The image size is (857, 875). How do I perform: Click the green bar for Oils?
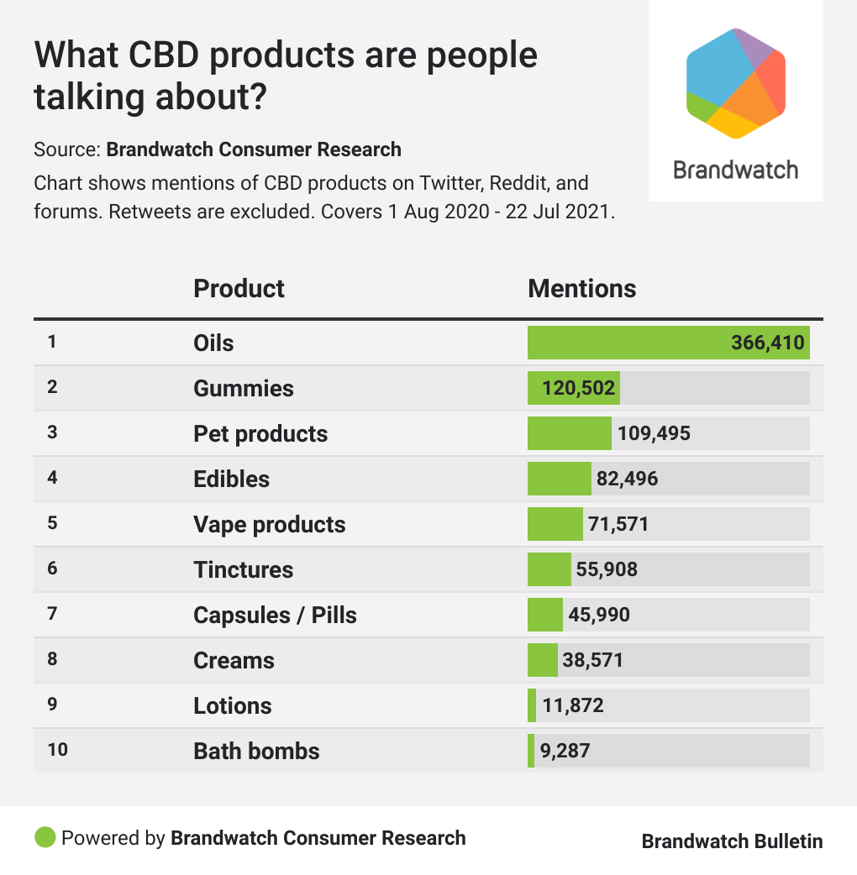coord(668,343)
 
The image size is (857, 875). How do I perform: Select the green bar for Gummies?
coord(574,388)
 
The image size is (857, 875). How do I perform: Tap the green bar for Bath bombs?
coord(531,751)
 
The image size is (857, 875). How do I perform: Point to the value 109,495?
coord(654,433)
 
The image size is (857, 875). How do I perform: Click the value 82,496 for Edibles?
coord(628,479)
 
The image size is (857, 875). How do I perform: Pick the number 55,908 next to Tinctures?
coord(607,569)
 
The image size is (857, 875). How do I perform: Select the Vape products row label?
coord(269,524)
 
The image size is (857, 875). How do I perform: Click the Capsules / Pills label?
coord(275,615)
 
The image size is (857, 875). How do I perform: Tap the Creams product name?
coord(234,660)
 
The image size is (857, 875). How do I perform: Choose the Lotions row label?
coord(232,705)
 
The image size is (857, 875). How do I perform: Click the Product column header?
coord(239,289)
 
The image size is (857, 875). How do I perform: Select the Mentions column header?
coord(581,289)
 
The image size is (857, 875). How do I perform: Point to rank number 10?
coord(57,750)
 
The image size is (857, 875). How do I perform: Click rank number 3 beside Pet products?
coord(52,432)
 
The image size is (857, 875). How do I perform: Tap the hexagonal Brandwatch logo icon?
coord(735,82)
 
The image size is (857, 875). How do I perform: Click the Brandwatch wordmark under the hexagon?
coord(735,170)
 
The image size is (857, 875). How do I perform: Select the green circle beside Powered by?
coord(45,837)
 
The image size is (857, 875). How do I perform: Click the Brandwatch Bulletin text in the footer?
coord(732,841)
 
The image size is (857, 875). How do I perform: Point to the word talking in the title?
coord(87,97)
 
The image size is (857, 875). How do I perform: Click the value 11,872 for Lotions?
coord(573,705)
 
